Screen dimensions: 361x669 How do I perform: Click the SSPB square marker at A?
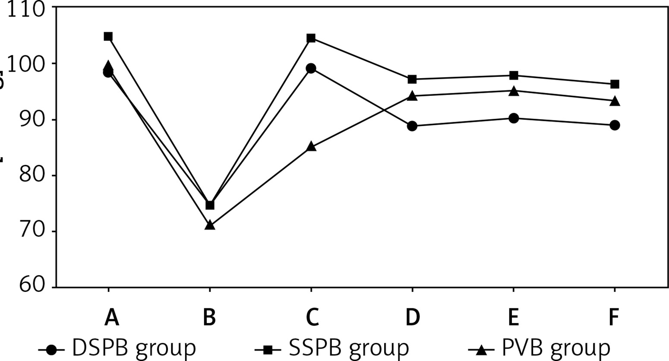click(108, 36)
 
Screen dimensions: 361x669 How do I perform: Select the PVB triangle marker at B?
click(210, 225)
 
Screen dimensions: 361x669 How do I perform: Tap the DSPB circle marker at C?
click(311, 68)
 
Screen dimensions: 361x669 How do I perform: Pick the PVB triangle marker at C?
click(311, 147)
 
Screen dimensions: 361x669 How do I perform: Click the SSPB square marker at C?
click(311, 38)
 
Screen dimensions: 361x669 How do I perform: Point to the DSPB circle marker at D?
click(412, 126)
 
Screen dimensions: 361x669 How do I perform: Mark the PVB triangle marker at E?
click(514, 91)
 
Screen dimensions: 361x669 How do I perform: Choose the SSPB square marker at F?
click(615, 84)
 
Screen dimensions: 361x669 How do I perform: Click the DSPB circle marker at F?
click(615, 125)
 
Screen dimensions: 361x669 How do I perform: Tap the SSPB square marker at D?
click(412, 79)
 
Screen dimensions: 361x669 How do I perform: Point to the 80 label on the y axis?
click(32, 176)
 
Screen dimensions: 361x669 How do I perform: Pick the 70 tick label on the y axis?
click(32, 231)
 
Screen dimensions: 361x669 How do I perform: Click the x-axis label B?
click(210, 318)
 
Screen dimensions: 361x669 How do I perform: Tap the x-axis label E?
click(514, 318)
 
